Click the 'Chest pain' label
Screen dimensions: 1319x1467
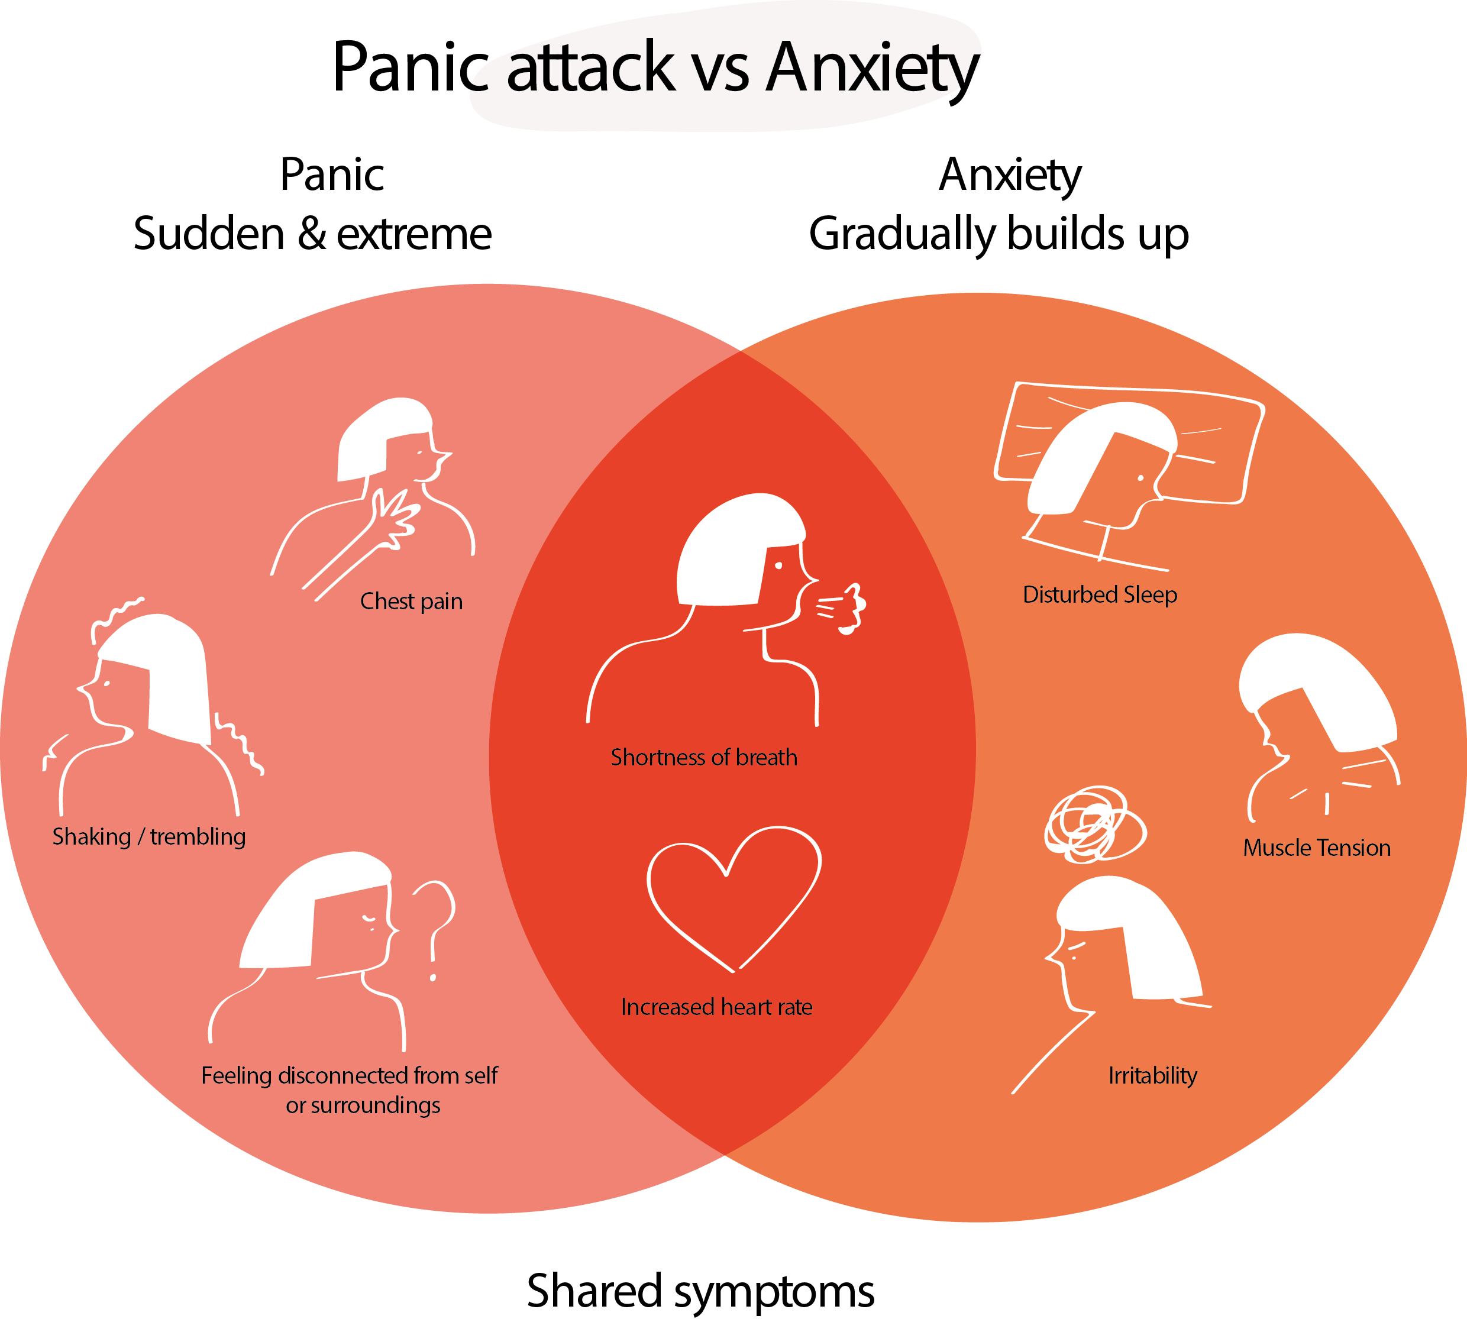point(411,602)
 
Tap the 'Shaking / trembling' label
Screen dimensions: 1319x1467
point(148,836)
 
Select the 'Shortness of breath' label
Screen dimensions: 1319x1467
point(704,757)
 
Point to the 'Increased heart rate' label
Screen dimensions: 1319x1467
point(716,1007)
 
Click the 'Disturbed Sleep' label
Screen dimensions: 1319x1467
point(1100,594)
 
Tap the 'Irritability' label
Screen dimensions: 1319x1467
point(1152,1075)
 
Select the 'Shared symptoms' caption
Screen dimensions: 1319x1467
point(700,1291)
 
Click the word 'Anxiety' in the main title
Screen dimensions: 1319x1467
point(873,69)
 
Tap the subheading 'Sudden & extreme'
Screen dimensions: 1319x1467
point(312,234)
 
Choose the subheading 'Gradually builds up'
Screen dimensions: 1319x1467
point(999,234)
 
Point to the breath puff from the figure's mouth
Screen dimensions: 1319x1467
point(844,607)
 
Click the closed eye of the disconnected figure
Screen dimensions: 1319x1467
point(369,920)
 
